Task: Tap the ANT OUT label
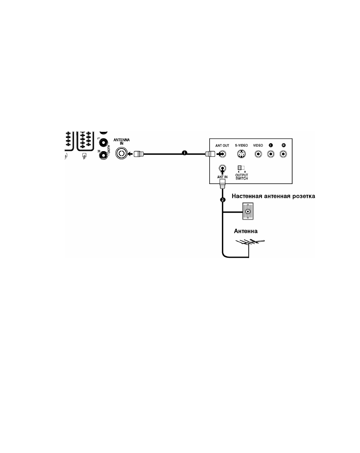tap(222, 145)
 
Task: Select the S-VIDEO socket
tap(241, 154)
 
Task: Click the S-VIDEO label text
tap(241, 145)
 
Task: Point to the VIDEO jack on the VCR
tap(258, 154)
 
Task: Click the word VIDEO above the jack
tap(258, 145)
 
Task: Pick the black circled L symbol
tap(271, 145)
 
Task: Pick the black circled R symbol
tap(283, 145)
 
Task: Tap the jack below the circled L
tap(271, 154)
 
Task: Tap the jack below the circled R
tap(283, 154)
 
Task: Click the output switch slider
tap(241, 168)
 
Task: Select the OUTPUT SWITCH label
tap(241, 177)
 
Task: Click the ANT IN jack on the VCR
tap(222, 168)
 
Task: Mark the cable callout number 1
tap(184, 153)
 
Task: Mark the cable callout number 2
tap(223, 199)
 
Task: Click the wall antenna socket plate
tap(248, 212)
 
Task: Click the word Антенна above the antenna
tap(246, 231)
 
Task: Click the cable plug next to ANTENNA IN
tap(139, 154)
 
